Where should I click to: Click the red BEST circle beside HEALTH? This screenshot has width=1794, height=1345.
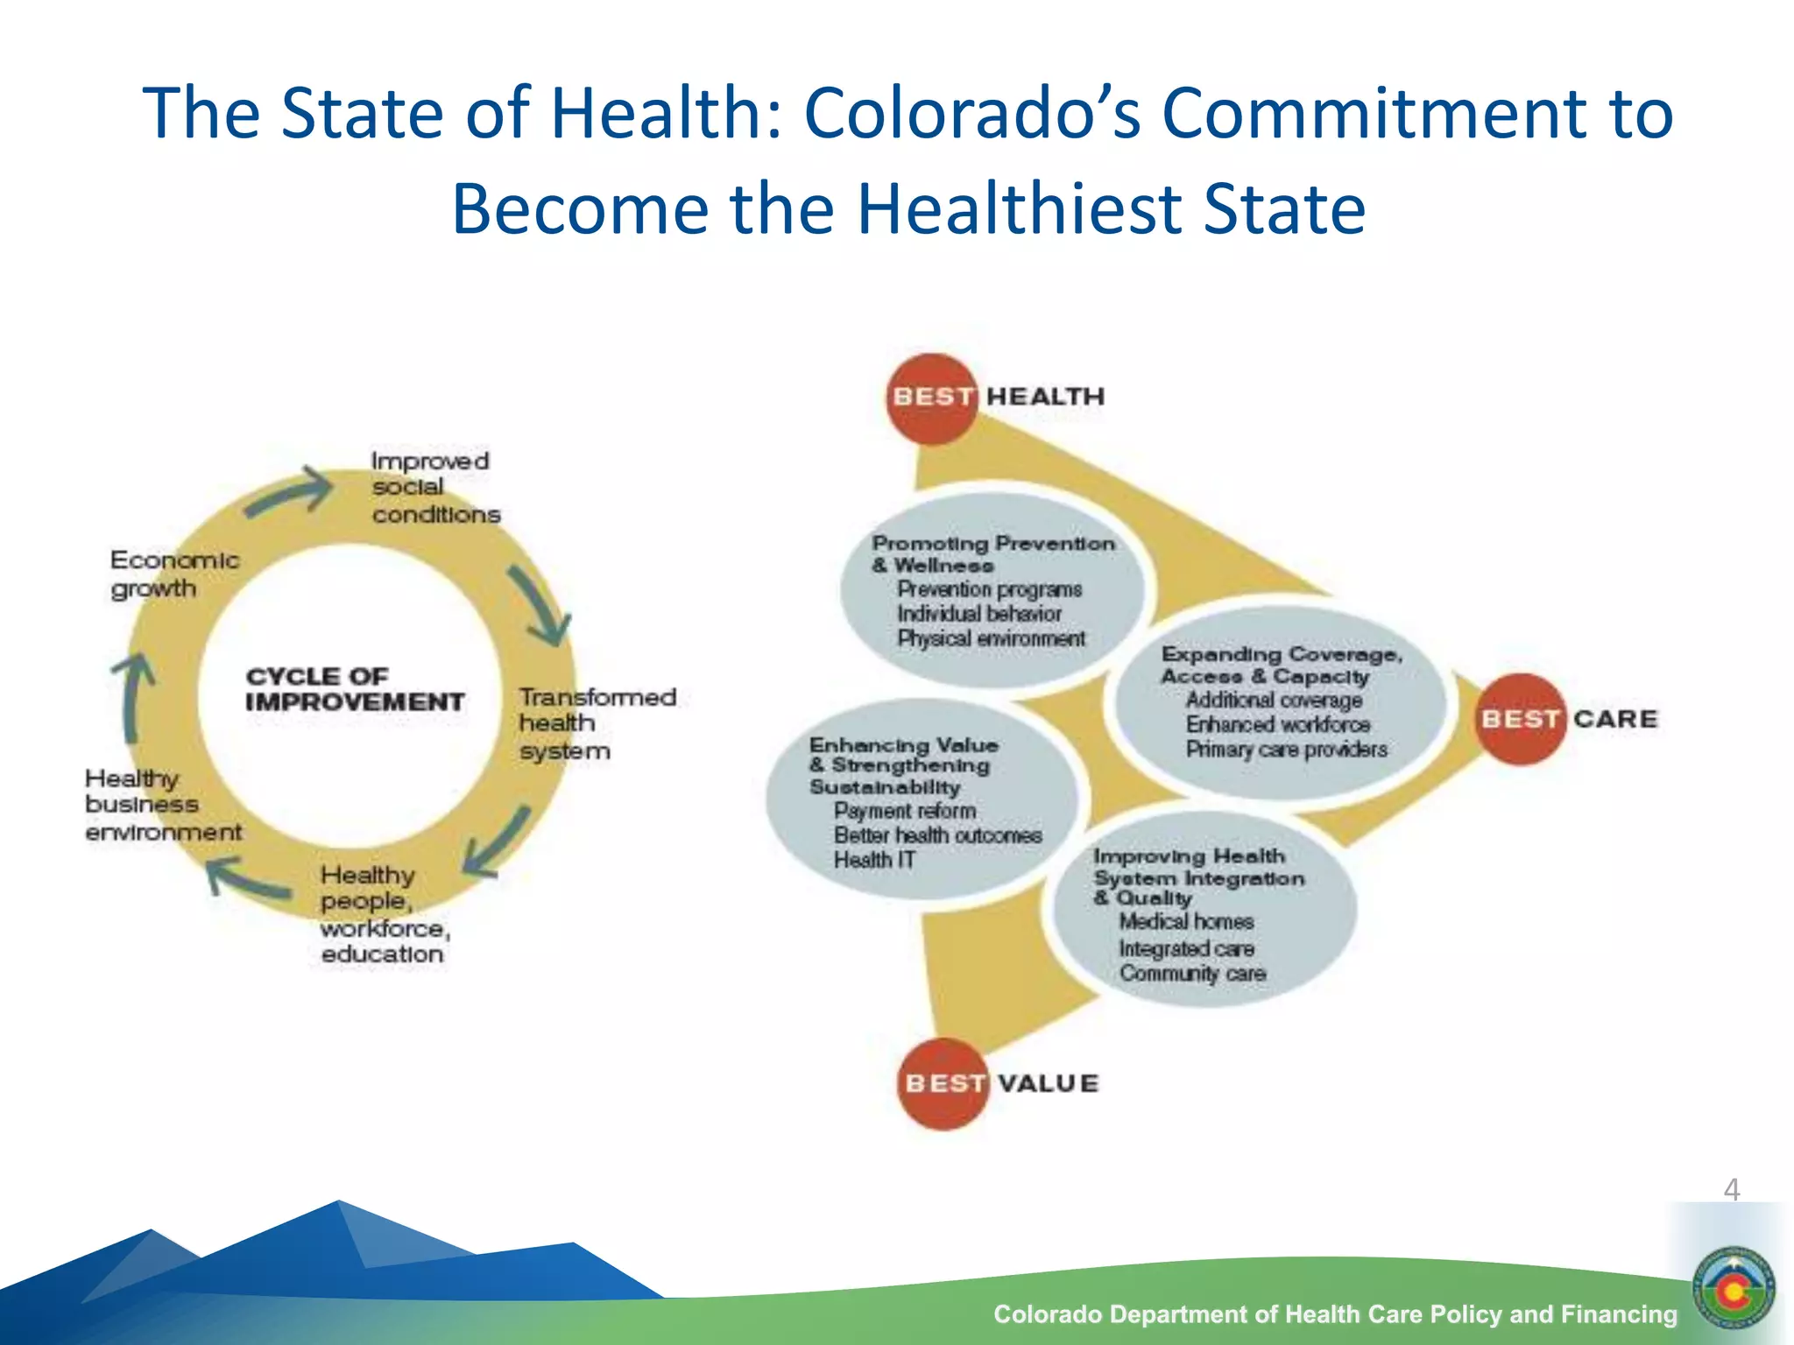[x=932, y=398]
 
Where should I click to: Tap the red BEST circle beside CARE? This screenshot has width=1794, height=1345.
[x=1520, y=719]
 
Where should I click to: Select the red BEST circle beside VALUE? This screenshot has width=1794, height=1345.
[x=943, y=1083]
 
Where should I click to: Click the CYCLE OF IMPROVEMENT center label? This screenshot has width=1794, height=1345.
[x=354, y=689]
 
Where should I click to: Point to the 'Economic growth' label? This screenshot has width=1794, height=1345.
[x=173, y=574]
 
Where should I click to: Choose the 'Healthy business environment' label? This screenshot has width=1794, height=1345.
[x=162, y=805]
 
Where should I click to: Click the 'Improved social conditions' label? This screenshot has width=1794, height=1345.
[x=434, y=487]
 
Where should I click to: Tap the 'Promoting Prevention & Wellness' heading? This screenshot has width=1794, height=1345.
[x=992, y=553]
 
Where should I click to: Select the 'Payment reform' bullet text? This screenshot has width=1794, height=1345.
[x=904, y=811]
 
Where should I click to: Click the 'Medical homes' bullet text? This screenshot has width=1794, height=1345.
[x=1186, y=922]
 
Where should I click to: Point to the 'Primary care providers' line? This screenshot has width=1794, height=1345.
[x=1286, y=750]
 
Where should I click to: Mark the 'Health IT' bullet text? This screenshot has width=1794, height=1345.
[x=874, y=860]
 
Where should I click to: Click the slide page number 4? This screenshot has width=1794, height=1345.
[x=1731, y=1189]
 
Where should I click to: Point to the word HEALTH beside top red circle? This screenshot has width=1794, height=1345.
[x=1045, y=397]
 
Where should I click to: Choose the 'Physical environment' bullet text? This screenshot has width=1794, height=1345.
[x=990, y=638]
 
